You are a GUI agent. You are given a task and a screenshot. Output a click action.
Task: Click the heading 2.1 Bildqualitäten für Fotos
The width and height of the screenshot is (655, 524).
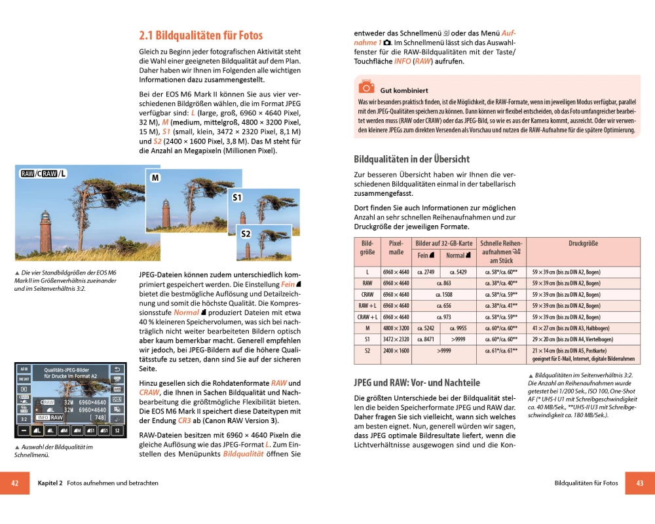[x=200, y=35]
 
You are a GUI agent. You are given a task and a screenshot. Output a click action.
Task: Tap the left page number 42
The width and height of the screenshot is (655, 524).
[x=14, y=483]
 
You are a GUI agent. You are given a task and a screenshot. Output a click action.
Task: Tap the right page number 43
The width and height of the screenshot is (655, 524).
[x=640, y=483]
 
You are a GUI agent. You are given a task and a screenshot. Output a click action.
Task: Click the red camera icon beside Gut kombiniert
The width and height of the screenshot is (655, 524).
[x=366, y=87]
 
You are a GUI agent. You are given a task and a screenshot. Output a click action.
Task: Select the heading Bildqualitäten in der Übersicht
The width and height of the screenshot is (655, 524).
[x=411, y=159]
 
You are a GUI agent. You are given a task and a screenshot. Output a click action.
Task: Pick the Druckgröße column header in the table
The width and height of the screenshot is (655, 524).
[x=583, y=244]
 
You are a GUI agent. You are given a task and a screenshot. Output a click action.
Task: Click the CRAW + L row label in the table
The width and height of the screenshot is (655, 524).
[x=367, y=317]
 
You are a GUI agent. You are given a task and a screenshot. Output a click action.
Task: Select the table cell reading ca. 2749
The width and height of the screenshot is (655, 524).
[x=426, y=272]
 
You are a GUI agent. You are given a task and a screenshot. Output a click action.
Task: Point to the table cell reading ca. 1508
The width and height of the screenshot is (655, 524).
[x=443, y=295]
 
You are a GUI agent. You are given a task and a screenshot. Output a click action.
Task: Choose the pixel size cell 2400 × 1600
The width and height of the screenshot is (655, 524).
[x=396, y=351]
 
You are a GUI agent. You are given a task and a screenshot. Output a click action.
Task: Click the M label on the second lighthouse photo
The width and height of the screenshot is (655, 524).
[x=155, y=178]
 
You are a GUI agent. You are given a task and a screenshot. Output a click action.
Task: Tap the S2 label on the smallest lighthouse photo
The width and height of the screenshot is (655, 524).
[x=246, y=234]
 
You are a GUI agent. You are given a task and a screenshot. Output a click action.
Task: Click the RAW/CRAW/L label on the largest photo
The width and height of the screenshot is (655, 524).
[x=43, y=174]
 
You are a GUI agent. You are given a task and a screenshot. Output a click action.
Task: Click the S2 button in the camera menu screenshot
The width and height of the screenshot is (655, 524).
[x=117, y=430]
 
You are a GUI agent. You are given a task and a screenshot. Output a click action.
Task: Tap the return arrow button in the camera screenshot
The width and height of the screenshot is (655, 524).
[x=118, y=369]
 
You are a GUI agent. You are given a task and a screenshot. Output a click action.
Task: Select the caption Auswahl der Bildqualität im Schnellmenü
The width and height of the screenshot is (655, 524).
[x=52, y=451]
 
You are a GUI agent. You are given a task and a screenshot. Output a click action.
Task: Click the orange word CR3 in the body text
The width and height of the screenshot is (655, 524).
[x=184, y=421]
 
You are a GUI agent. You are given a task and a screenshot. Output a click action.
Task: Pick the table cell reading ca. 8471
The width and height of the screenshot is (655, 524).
[x=426, y=339]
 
